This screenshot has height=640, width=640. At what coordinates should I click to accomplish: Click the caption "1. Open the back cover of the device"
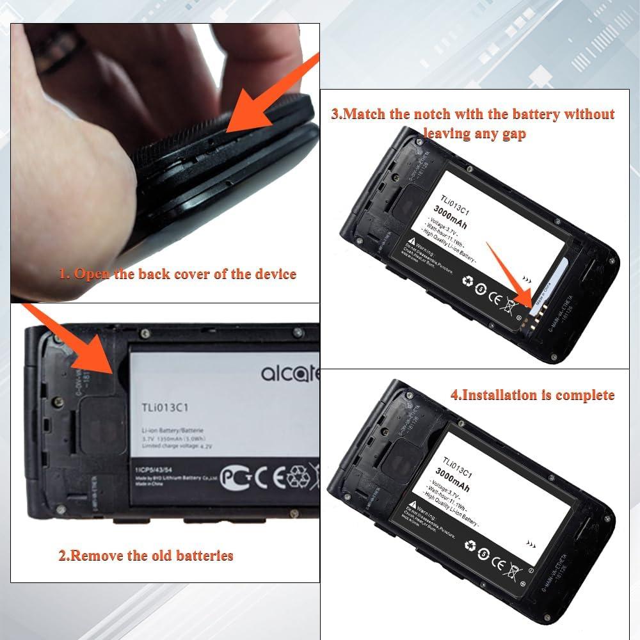tap(177, 275)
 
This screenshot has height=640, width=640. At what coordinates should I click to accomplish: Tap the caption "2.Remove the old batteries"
tap(146, 555)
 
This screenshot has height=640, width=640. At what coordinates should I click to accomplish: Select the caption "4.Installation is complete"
tap(532, 395)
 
